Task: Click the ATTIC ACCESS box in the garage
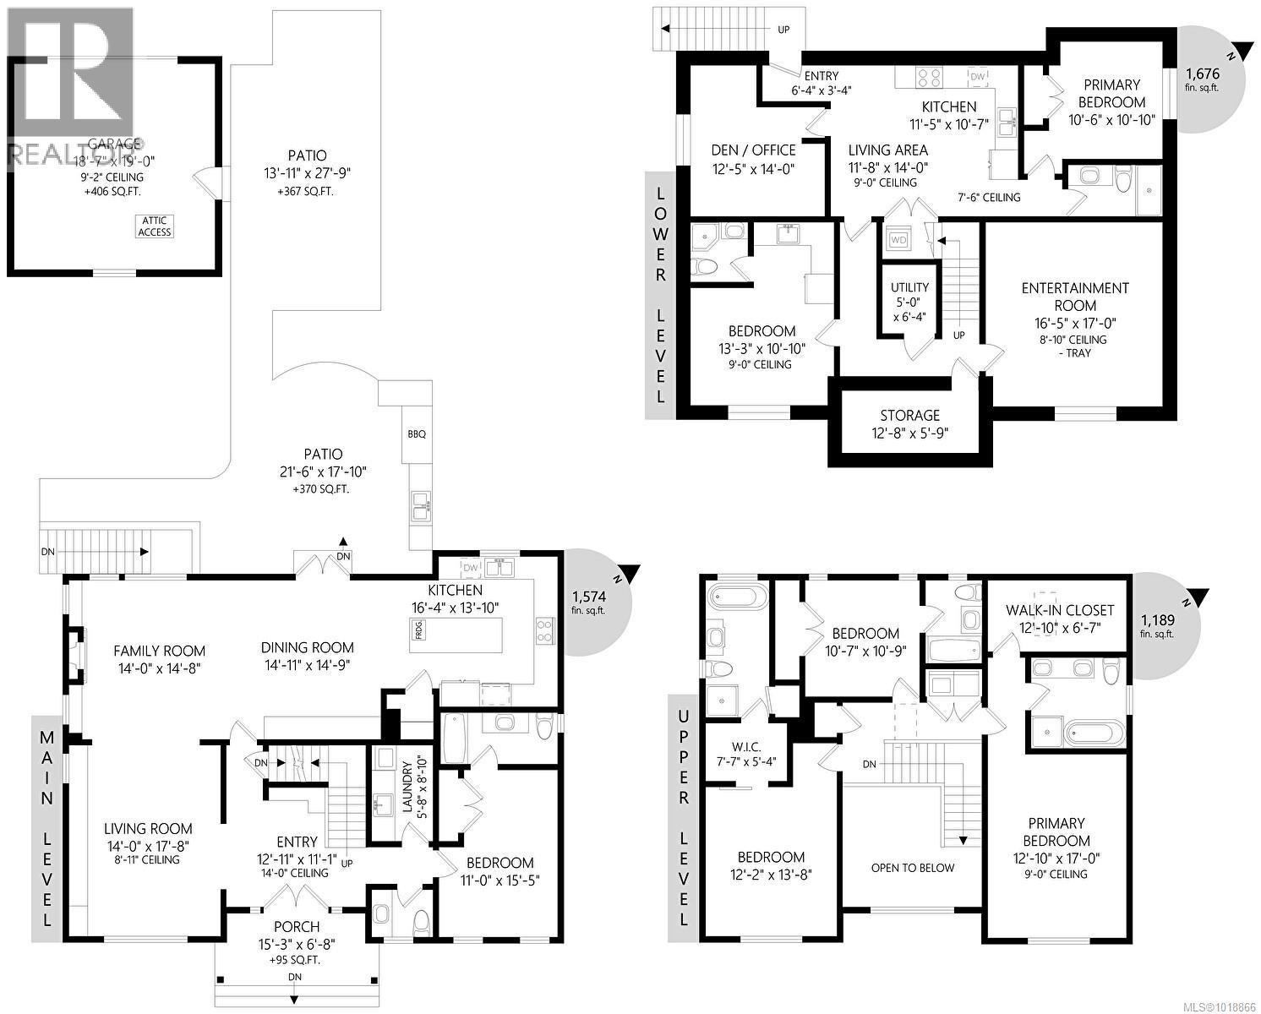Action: pos(155,226)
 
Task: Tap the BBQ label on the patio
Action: pos(416,434)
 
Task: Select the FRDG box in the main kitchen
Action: pos(418,630)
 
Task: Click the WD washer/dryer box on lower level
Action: pos(898,240)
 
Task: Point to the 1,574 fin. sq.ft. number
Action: pos(589,596)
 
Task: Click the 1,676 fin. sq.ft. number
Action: pos(1202,73)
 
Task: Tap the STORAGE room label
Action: pos(909,416)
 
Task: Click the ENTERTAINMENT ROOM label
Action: pos(1075,297)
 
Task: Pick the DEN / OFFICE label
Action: pos(753,150)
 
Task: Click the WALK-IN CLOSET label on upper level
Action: pos(1060,610)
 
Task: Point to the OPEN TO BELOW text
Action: pos(913,868)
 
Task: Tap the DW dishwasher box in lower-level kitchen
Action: pos(977,77)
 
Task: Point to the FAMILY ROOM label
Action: pos(160,651)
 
